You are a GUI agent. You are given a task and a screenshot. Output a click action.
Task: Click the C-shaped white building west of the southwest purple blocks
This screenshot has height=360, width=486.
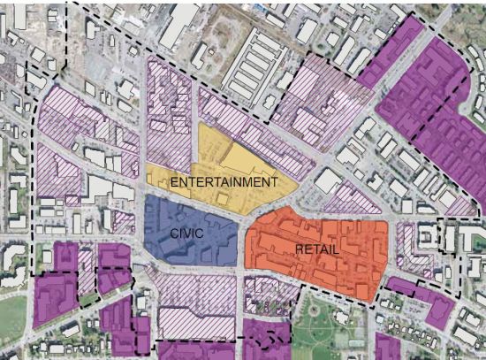(x=13, y=261)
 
